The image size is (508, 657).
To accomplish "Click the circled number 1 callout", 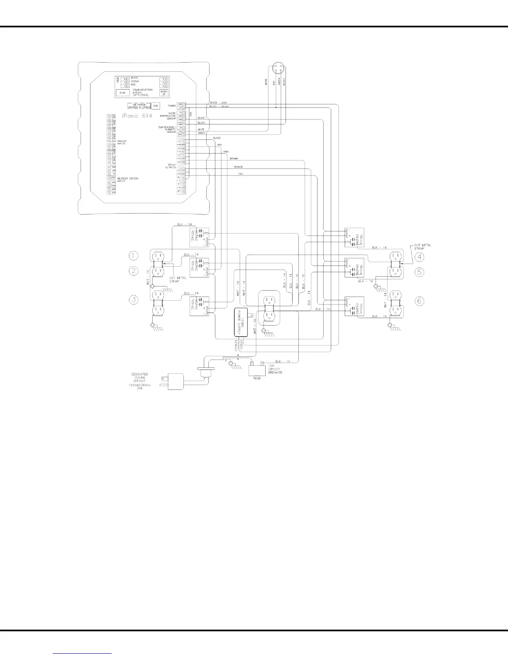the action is coord(133,255).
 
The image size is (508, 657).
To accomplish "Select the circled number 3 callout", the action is coord(133,299).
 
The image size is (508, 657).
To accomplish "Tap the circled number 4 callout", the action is coord(420,256).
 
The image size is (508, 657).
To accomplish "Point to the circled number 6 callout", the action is coord(420,300).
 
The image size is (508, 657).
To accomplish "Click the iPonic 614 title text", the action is coord(137,116).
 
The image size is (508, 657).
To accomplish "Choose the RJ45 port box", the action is coord(122,93).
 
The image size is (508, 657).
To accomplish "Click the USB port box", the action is coord(156,106).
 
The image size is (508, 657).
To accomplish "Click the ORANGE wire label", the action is coord(238,167).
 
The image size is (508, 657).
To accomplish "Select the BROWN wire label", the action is coord(233,159).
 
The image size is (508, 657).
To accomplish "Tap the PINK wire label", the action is coord(226,152).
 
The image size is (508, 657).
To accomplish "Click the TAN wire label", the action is coord(240,174).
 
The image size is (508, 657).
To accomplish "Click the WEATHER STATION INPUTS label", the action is coord(127,180).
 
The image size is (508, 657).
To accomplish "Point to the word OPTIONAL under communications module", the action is coord(141,95).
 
